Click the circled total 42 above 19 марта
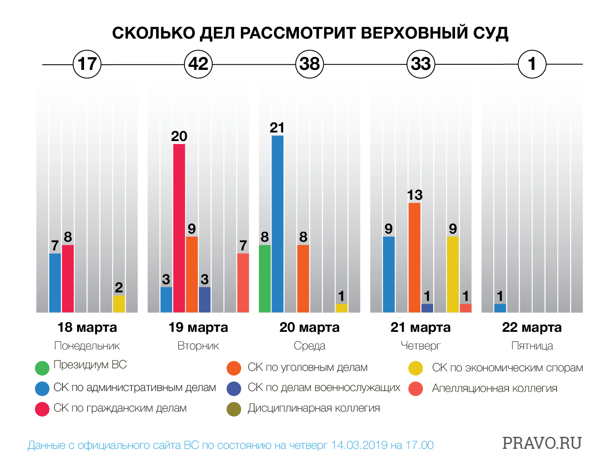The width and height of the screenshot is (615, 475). click(x=198, y=64)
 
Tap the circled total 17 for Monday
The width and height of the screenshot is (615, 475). click(x=87, y=64)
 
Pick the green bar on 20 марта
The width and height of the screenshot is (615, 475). click(x=265, y=279)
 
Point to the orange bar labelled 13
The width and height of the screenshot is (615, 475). click(x=414, y=257)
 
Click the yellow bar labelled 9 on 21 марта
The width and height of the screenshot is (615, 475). click(x=452, y=274)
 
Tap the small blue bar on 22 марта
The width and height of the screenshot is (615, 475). click(x=500, y=308)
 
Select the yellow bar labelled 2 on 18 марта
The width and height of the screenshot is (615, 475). click(x=119, y=304)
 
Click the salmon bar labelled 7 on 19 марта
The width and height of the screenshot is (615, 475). click(x=243, y=283)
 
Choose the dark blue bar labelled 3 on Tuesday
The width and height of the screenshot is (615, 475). click(x=205, y=300)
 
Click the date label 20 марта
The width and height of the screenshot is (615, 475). click(x=309, y=328)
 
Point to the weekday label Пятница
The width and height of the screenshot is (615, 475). click(x=532, y=346)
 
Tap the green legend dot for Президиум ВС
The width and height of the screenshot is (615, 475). click(x=42, y=368)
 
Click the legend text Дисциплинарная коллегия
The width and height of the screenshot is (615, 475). click(x=314, y=408)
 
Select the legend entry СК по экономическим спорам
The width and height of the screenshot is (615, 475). click(x=507, y=368)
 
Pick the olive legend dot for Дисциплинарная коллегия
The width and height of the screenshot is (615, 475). click(x=234, y=409)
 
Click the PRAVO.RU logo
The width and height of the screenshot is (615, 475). click(x=542, y=443)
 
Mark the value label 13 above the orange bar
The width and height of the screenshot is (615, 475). click(x=415, y=195)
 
